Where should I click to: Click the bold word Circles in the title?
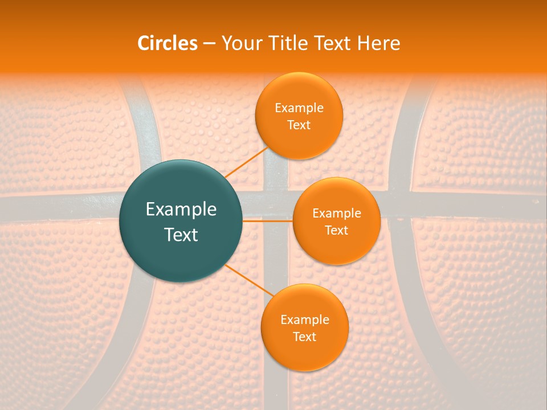[167, 43]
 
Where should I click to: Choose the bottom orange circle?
[304, 353]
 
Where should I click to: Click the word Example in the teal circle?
[181, 210]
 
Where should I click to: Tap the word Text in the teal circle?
[181, 235]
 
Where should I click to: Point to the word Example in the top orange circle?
[299, 108]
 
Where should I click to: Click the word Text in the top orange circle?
[299, 125]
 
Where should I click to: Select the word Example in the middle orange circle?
[337, 214]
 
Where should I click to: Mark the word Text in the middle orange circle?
[337, 231]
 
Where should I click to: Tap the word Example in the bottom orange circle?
[305, 320]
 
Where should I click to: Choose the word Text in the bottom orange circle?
[305, 337]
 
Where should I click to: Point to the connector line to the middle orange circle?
[268, 220]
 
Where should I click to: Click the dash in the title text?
[209, 44]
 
